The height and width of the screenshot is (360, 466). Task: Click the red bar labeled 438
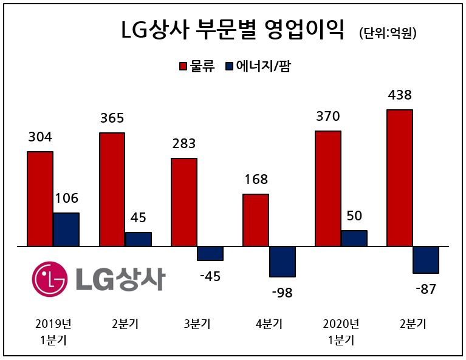[400, 178]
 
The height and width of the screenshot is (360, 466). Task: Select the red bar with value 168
[256, 220]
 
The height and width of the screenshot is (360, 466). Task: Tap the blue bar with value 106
[66, 229]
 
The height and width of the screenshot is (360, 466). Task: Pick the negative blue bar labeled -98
[283, 262]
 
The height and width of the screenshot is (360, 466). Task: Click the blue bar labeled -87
[426, 260]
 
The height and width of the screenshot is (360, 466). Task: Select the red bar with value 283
[184, 202]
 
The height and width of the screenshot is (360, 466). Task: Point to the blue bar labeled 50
[354, 238]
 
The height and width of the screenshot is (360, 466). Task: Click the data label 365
[112, 118]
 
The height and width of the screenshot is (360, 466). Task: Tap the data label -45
[210, 277]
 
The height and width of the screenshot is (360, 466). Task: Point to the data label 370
[328, 116]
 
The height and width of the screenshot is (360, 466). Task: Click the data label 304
[40, 137]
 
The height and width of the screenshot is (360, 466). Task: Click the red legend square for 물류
[183, 66]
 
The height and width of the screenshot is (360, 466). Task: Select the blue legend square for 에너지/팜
[229, 66]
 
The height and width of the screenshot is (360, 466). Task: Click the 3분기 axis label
[197, 324]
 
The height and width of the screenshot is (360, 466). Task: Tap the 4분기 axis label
[269, 324]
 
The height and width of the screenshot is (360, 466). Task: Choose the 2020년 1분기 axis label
[341, 332]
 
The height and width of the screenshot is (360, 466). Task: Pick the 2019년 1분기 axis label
[53, 332]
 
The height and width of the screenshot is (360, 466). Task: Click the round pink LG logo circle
[50, 279]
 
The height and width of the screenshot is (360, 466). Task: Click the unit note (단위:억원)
[388, 33]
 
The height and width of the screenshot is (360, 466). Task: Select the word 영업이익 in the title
[304, 29]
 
